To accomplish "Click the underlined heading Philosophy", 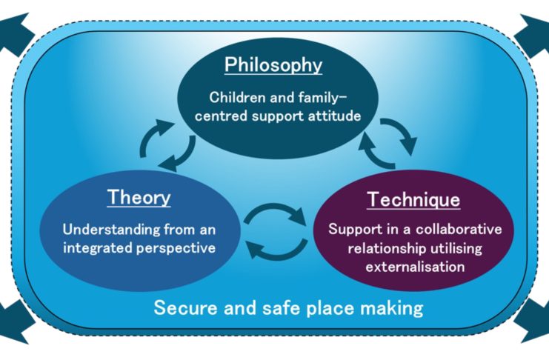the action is (273, 65).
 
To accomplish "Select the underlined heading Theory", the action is (139, 197).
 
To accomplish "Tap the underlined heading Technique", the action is (413, 200).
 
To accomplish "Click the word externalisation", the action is (415, 267).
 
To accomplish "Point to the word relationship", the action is (387, 249).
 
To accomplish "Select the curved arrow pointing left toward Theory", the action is (276, 250).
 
